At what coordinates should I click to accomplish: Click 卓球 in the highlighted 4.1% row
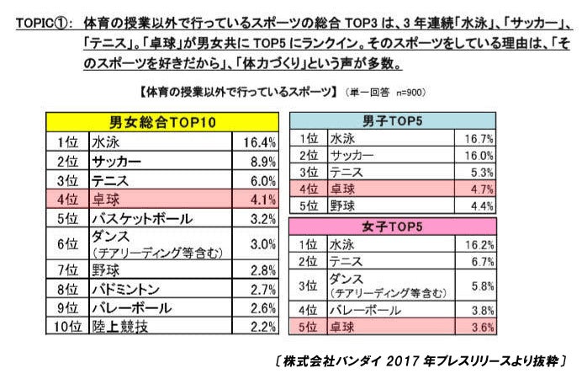pyautogui.click(x=106, y=200)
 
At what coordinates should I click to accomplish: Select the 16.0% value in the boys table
pyautogui.click(x=477, y=156)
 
